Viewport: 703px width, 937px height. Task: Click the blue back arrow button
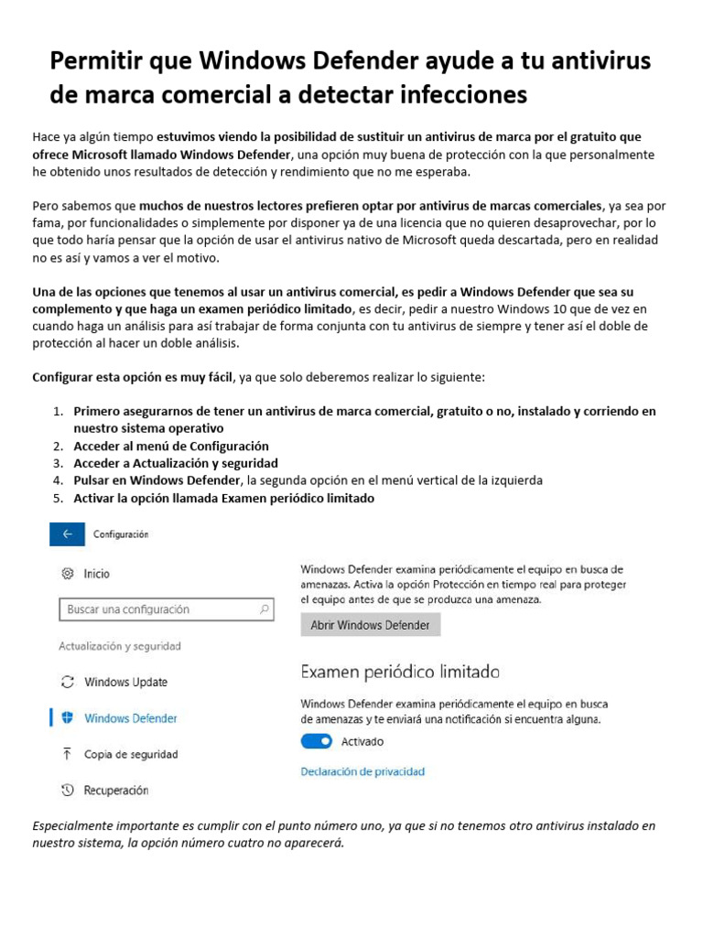click(x=68, y=534)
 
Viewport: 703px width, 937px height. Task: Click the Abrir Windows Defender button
click(x=370, y=625)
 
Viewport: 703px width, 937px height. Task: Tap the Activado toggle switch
click(x=316, y=741)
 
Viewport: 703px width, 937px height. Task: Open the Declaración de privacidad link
click(x=362, y=771)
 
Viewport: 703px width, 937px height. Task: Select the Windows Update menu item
click(x=125, y=682)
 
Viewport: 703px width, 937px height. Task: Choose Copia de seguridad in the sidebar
click(x=131, y=754)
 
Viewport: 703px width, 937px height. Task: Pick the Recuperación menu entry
click(x=116, y=790)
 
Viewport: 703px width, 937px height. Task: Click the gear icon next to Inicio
click(x=67, y=574)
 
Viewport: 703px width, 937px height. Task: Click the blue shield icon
click(x=67, y=718)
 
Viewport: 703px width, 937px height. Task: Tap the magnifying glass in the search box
click(x=264, y=609)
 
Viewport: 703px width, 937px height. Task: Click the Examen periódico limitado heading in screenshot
click(x=400, y=672)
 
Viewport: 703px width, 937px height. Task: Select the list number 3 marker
click(x=57, y=463)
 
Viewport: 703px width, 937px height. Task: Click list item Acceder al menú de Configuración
click(x=171, y=446)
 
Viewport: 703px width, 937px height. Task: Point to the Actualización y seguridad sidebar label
click(x=120, y=646)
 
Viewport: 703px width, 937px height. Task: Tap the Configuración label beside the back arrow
click(x=121, y=534)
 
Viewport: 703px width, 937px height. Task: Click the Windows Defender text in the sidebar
click(x=131, y=718)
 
